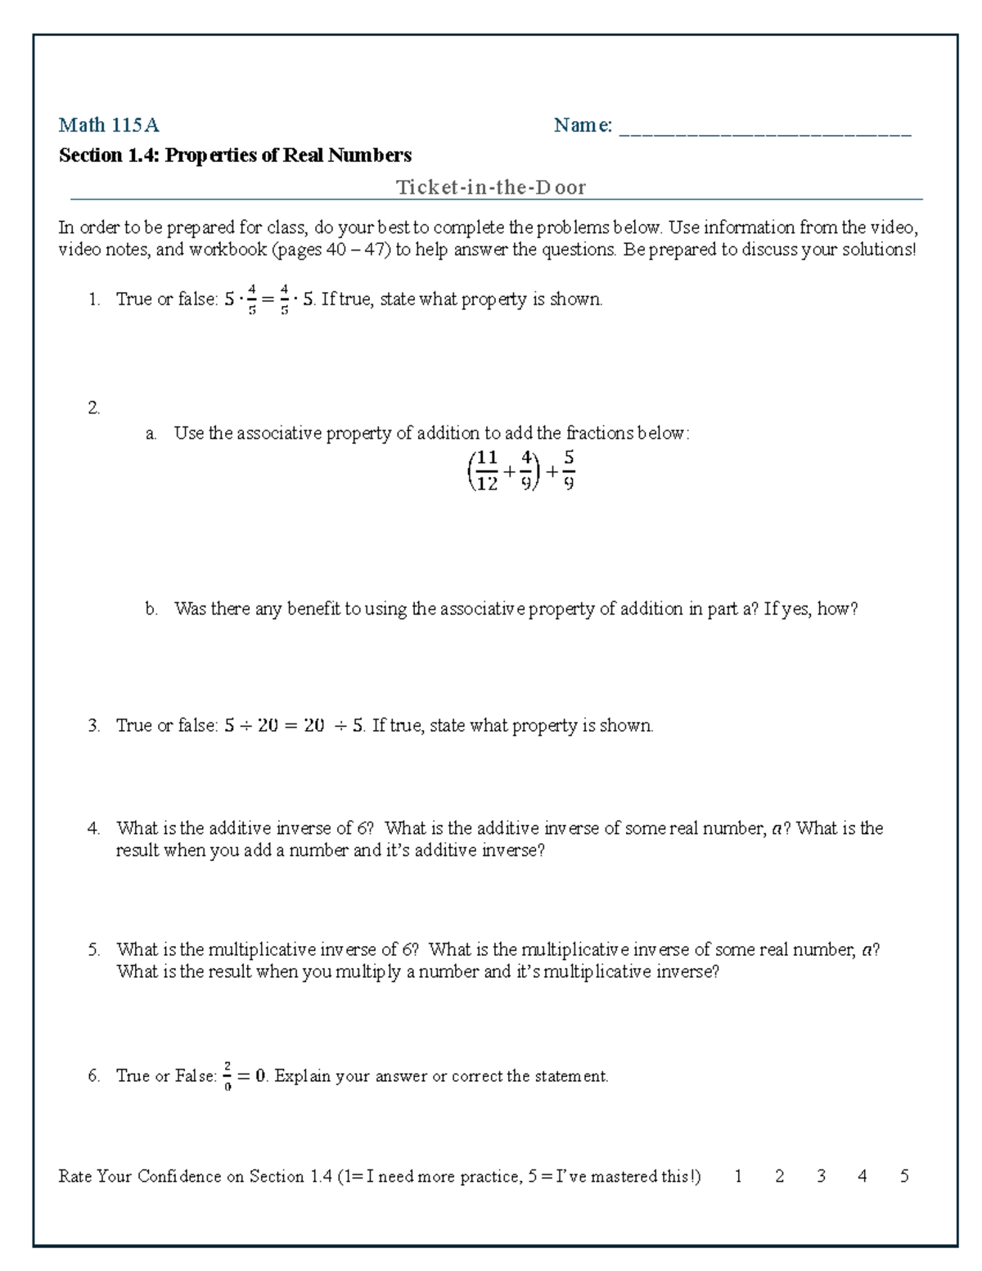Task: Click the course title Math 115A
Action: [x=108, y=125]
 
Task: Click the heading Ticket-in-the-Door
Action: [x=491, y=187]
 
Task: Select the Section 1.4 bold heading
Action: [x=235, y=155]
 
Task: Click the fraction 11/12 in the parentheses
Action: [x=487, y=471]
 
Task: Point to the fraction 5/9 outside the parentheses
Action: [x=569, y=471]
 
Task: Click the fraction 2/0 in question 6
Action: [x=227, y=1076]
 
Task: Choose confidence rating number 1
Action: [x=738, y=1176]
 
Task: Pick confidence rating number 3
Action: [x=821, y=1176]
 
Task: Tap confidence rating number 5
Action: [x=904, y=1176]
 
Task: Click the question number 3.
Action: [x=93, y=726]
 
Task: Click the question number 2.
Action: [x=93, y=408]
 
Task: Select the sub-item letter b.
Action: [x=151, y=609]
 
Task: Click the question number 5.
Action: [x=93, y=950]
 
